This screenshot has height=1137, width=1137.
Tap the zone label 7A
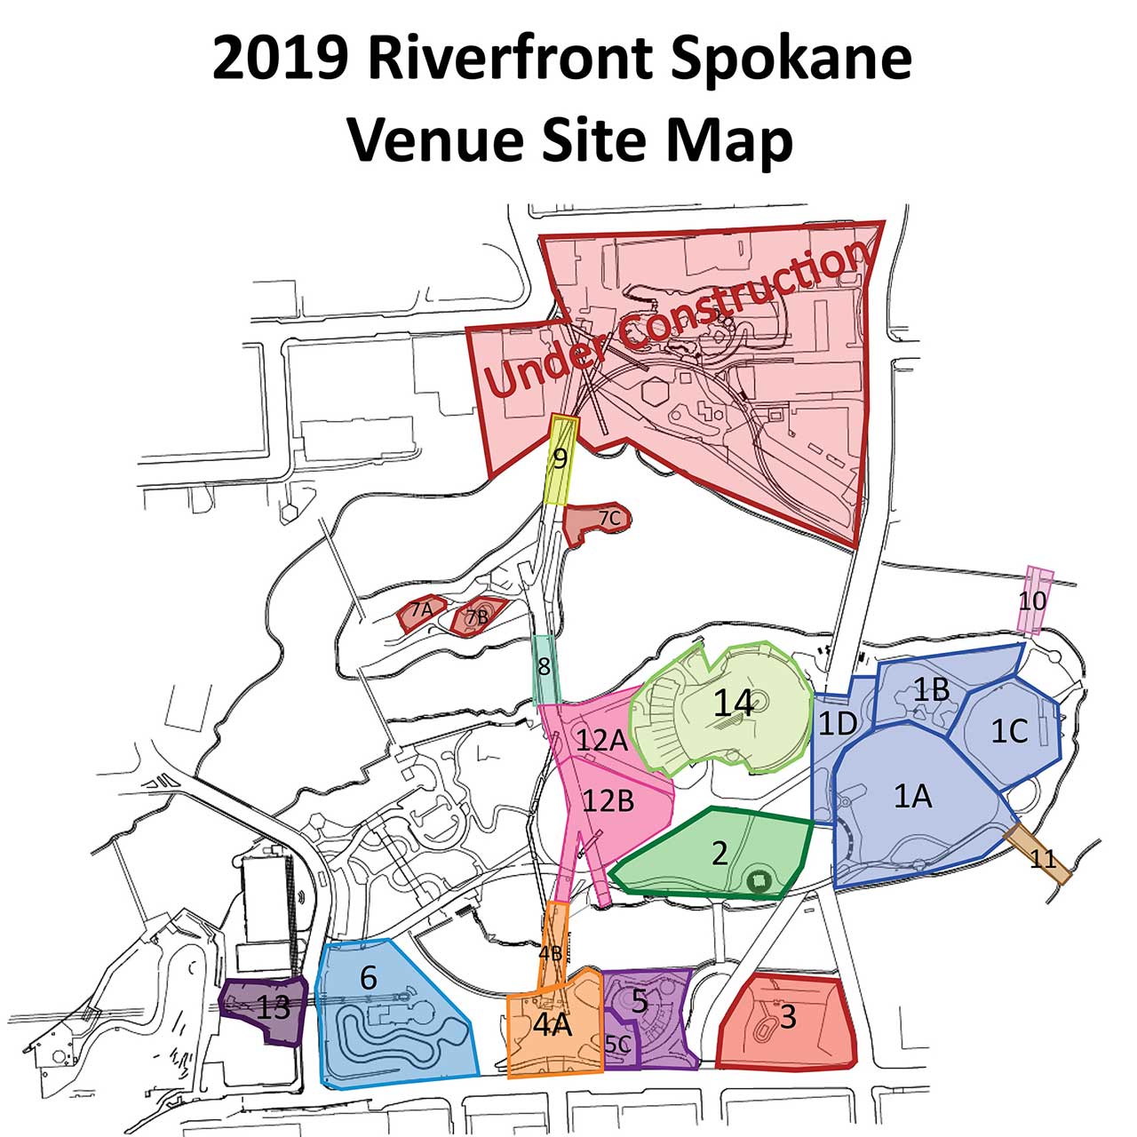click(421, 610)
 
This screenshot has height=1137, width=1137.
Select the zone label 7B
click(477, 615)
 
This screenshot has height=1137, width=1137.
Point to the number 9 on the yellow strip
click(560, 459)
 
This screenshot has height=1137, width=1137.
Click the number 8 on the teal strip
click(545, 666)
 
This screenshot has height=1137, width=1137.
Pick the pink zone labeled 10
click(1032, 601)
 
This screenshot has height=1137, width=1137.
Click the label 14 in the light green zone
click(734, 704)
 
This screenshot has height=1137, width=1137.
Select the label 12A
click(601, 740)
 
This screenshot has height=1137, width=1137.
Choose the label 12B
click(608, 801)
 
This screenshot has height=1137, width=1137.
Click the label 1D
click(837, 724)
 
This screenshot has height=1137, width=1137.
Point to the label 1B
click(932, 689)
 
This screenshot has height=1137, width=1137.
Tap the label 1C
click(1009, 731)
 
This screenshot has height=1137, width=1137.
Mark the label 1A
click(912, 797)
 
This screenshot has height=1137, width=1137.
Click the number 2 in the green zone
click(720, 854)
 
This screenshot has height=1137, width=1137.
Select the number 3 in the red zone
click(788, 1015)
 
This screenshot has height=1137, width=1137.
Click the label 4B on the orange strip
click(551, 953)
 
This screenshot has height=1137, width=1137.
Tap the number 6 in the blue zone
click(369, 978)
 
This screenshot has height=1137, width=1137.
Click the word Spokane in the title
click(791, 60)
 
